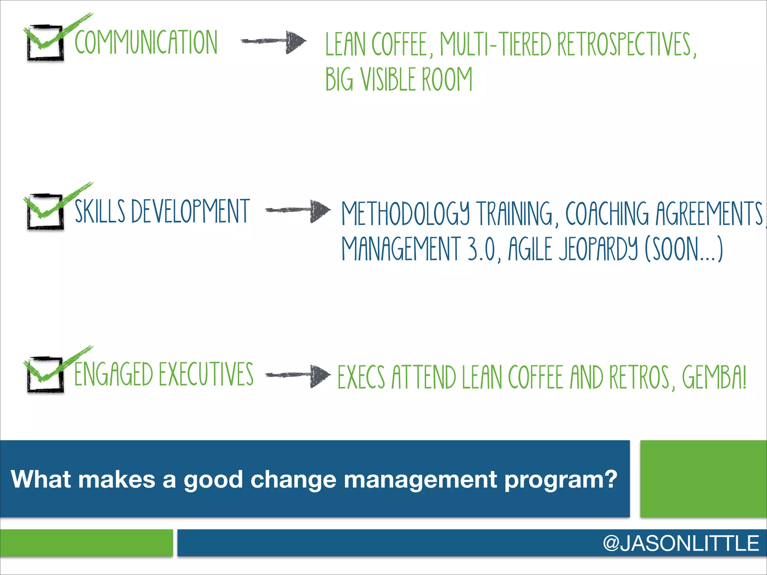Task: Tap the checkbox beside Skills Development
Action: tap(45, 212)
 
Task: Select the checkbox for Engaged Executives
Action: tap(45, 375)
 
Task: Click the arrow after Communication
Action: tap(274, 41)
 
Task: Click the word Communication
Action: tap(146, 42)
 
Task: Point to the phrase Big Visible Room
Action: tap(399, 79)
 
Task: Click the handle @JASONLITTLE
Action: tap(681, 543)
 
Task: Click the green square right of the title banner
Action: tap(703, 479)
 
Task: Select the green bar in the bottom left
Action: tap(86, 543)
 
